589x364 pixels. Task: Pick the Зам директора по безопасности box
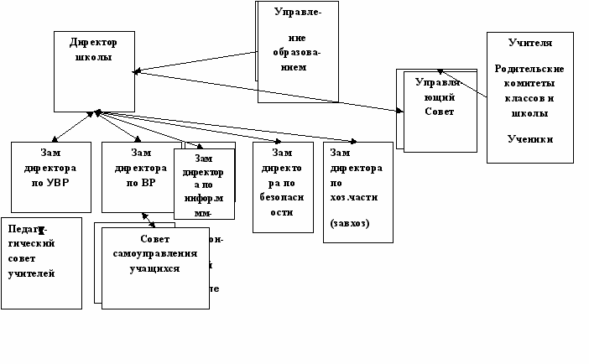coord(282,186)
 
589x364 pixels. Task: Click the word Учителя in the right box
coord(529,42)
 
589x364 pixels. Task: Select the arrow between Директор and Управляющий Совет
coord(268,91)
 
